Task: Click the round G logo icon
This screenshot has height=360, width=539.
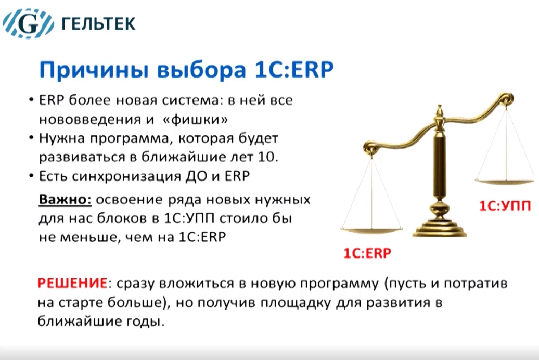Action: pos(28,23)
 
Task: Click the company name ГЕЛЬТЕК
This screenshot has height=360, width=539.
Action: pos(98,23)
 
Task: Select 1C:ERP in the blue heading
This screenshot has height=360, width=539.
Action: pos(294,69)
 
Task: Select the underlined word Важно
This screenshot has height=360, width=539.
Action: pos(65,199)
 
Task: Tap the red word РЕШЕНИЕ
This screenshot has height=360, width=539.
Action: pos(72,284)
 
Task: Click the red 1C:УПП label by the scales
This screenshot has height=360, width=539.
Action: pos(505,206)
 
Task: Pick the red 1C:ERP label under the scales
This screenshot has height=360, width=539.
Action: pos(367,253)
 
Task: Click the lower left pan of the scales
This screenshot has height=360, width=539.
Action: pos(371,229)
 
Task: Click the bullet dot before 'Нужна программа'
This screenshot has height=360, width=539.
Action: pos(32,138)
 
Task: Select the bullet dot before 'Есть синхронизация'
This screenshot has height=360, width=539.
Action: pos(32,176)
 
